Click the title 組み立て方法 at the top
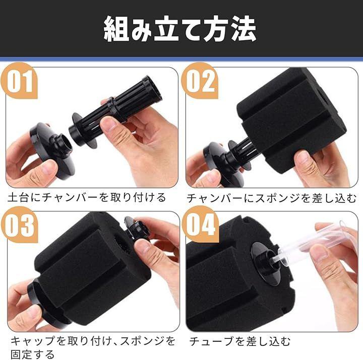coord(180,29)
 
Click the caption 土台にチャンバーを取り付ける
coord(87,197)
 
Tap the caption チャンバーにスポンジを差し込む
coord(271,198)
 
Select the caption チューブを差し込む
coord(240,341)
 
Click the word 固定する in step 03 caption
coord(33,354)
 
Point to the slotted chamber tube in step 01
coord(116,111)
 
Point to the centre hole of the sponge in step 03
coord(120,246)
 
